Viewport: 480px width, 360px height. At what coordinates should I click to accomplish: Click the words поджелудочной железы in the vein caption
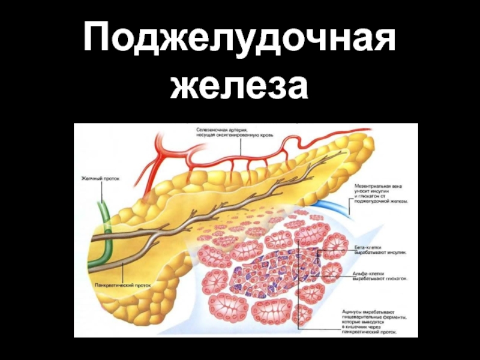click(382, 202)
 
